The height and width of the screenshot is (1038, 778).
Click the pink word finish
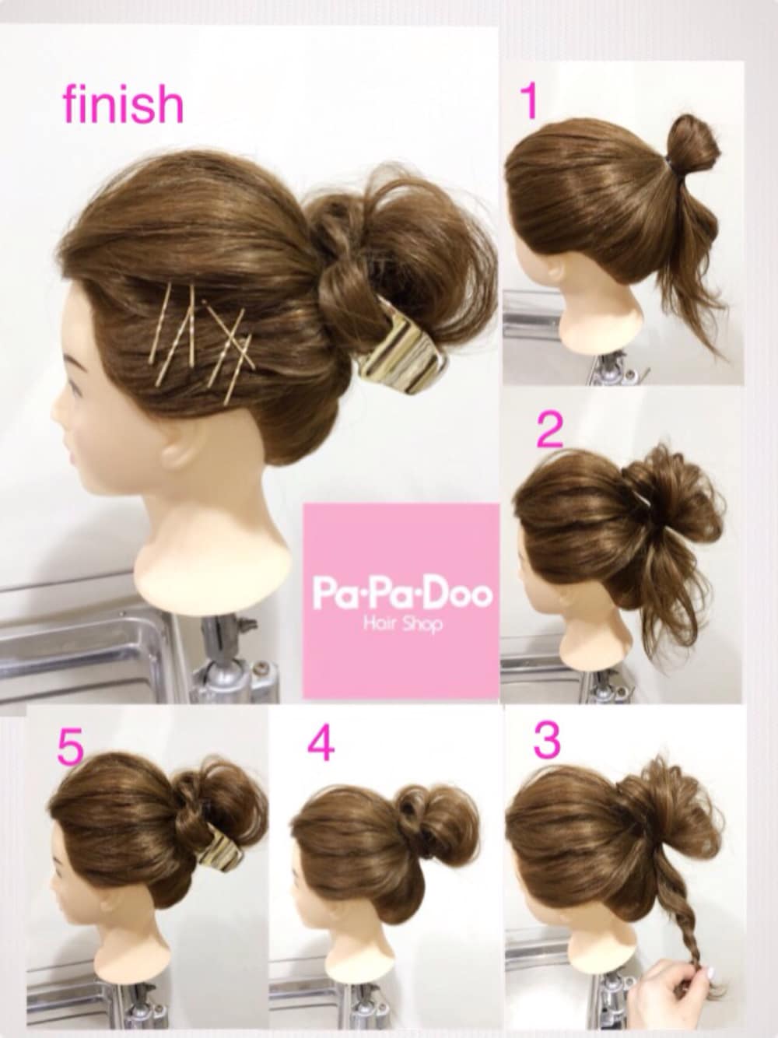pos(123,104)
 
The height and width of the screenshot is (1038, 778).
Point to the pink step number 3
pos(548,740)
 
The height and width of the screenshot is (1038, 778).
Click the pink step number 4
pos(321,743)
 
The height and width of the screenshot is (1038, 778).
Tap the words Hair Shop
pos(403,624)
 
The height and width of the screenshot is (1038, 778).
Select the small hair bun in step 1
pos(694,142)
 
